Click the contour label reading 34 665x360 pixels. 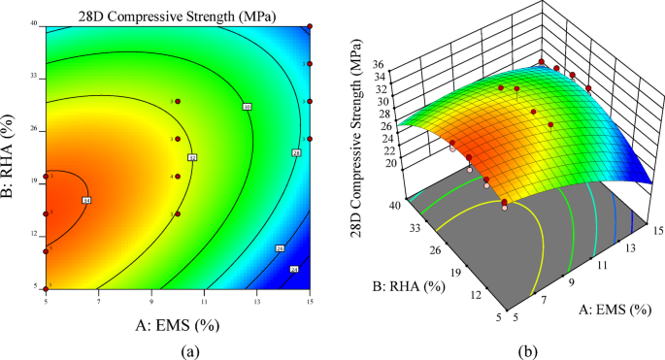point(86,200)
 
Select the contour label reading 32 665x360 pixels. point(192,157)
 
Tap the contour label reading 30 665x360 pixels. point(247,106)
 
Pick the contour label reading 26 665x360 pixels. point(280,248)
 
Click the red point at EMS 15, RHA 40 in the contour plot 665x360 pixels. point(310,26)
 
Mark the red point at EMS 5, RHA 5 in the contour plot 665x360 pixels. point(46,288)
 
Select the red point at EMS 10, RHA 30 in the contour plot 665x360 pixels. point(177,101)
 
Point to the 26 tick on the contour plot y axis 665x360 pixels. point(33,129)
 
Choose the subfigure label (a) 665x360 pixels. point(179,348)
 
